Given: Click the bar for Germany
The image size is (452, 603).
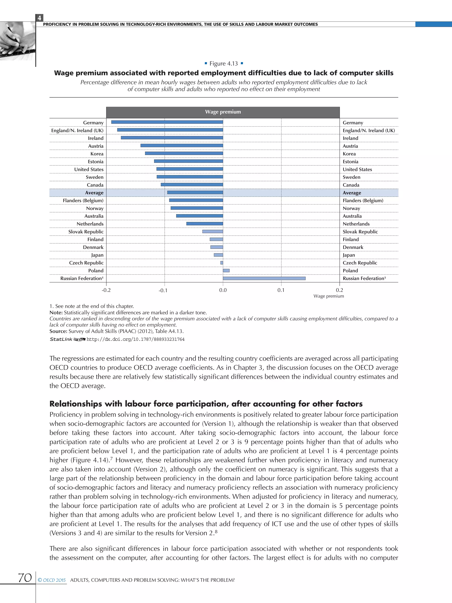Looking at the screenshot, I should point(167,122).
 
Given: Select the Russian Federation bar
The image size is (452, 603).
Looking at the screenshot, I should point(264,278).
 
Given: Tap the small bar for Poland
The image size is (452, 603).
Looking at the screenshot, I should point(226,270).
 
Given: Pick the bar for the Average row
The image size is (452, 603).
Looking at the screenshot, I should point(195,193).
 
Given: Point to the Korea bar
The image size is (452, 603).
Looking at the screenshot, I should point(184,153).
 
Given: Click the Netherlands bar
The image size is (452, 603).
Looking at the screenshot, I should point(205,223).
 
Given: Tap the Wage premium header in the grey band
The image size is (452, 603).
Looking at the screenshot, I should point(223,112).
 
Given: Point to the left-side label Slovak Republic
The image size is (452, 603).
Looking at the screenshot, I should point(86,231).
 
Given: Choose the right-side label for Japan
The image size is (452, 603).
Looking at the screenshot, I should point(349,255).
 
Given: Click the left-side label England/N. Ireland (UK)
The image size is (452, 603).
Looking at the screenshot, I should point(77,130).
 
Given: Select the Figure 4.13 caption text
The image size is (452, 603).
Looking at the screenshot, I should point(223,64).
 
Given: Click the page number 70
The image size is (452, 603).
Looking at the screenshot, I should point(25,577).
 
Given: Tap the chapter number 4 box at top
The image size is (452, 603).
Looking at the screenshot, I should point(40,18).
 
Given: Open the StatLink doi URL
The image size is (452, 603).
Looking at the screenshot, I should point(136,339).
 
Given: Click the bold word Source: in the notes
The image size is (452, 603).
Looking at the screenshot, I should point(58,331).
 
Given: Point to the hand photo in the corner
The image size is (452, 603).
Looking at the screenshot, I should point(16,41).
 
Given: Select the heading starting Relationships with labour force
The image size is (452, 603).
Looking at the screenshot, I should point(206,403).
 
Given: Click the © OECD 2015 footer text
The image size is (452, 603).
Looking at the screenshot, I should point(52,580).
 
